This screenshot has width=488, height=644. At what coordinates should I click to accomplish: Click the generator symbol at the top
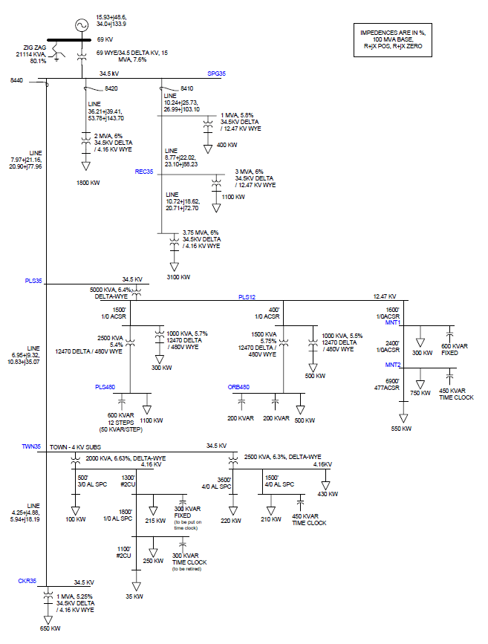pos(79,24)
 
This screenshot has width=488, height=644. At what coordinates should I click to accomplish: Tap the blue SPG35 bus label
pos(216,74)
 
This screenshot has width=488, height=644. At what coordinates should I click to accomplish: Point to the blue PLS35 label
pos(33,281)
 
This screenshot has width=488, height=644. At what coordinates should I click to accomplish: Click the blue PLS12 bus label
pos(247,297)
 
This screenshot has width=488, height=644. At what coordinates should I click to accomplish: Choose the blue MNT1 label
pos(392,323)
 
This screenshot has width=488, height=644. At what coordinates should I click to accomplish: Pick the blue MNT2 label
pos(392,365)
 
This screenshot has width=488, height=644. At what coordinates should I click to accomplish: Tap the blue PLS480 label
pos(105,387)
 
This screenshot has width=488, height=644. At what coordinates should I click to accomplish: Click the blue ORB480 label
pos(238,387)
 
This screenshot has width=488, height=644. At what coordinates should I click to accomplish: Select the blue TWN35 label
pos(30,446)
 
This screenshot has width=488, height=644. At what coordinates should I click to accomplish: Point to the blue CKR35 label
pos(27,580)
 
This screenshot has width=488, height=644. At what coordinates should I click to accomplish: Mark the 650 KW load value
pos(50,628)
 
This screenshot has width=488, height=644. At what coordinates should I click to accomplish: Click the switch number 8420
pos(112,88)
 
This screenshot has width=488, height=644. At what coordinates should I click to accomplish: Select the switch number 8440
pos(17,79)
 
